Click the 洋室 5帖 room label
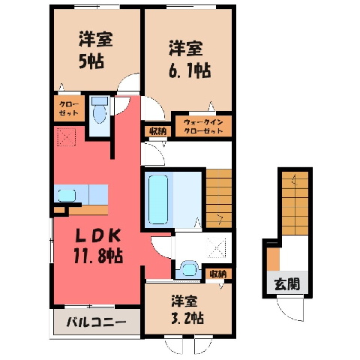point(95,50)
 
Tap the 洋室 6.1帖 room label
point(189,59)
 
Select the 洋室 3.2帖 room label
point(187,310)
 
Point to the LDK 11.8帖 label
point(98,246)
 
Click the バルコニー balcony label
point(96,322)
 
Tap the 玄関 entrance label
point(287,284)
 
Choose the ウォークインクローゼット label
point(203,127)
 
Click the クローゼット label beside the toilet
point(69,109)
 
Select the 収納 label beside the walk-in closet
point(158,131)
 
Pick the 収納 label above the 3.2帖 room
point(218,274)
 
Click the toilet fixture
point(100,110)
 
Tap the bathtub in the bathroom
point(158,199)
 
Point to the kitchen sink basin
point(67,196)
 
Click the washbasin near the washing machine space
point(190,269)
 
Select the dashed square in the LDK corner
point(67,137)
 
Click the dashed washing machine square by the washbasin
point(216,247)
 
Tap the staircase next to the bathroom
point(219,199)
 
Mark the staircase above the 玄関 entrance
point(295,203)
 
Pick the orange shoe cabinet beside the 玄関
point(273,259)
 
